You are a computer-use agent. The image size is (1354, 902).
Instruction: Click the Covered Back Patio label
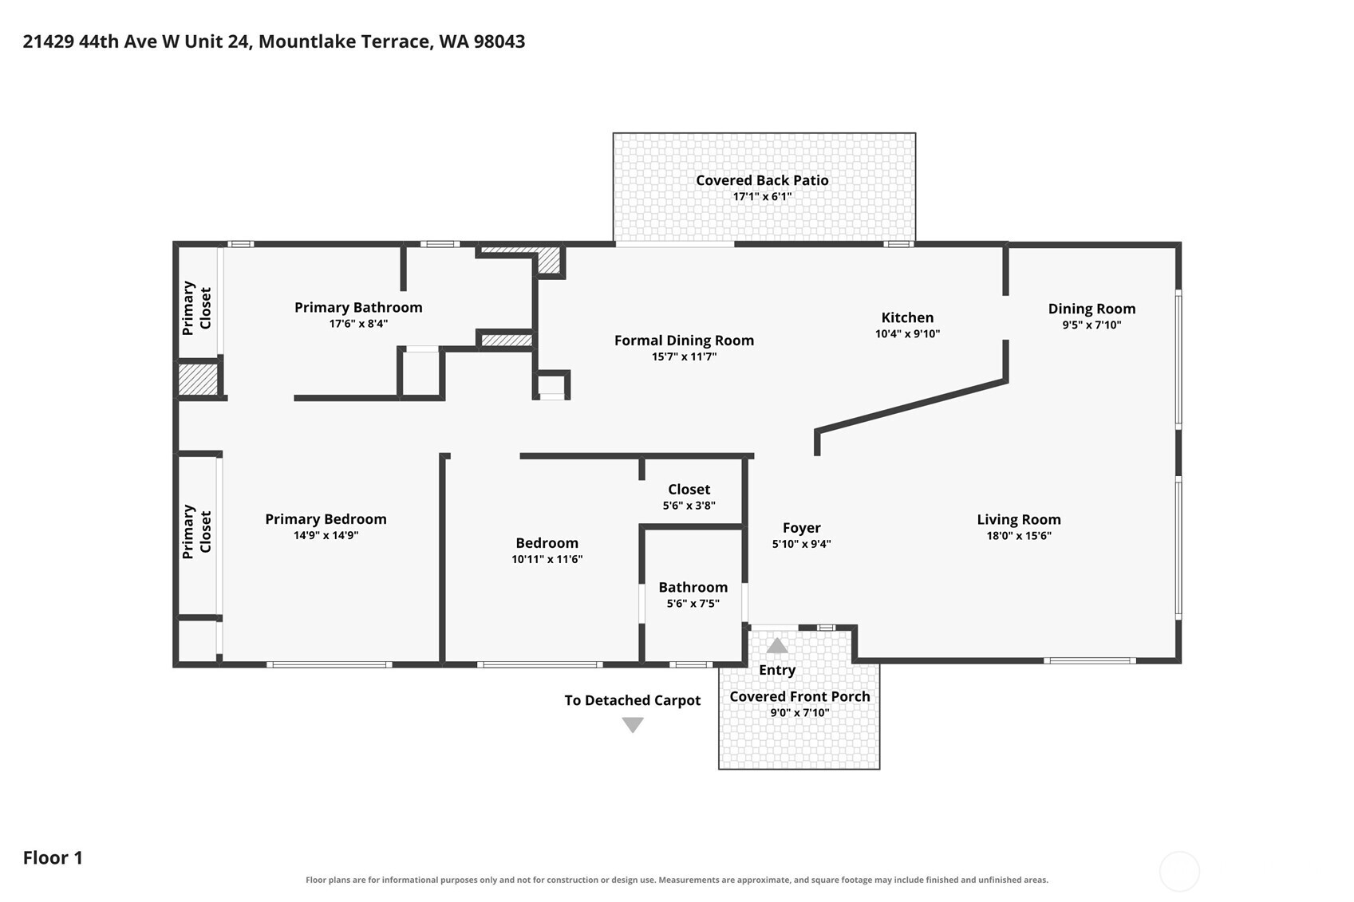(x=762, y=180)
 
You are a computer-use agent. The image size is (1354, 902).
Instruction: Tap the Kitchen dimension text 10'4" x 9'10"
(x=907, y=333)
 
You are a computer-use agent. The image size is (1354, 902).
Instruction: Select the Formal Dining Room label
(x=685, y=340)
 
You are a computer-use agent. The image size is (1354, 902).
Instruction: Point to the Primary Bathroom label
(x=358, y=307)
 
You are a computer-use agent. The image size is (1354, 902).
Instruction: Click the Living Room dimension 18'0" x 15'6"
(x=1019, y=535)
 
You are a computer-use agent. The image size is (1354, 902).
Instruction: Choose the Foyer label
(x=802, y=528)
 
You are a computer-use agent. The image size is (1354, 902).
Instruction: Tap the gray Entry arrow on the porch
(x=777, y=646)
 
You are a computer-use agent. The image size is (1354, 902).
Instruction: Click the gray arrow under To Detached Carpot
(x=633, y=725)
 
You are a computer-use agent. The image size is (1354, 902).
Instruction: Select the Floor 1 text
(x=53, y=858)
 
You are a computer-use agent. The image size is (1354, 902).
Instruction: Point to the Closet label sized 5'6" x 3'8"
(x=689, y=490)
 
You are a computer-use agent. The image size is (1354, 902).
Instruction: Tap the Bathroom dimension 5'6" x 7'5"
(x=693, y=603)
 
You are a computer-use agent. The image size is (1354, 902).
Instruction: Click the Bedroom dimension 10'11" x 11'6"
(x=547, y=559)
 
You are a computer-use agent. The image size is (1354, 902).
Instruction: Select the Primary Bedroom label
(x=326, y=519)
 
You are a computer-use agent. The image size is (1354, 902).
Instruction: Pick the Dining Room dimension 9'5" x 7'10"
(x=1091, y=325)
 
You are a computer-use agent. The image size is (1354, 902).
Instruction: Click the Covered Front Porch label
(x=799, y=696)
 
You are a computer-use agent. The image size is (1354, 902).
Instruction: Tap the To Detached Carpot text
(x=632, y=700)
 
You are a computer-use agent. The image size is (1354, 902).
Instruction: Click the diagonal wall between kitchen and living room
(x=911, y=405)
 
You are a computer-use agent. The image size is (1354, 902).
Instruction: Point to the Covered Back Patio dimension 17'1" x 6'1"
(x=762, y=196)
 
